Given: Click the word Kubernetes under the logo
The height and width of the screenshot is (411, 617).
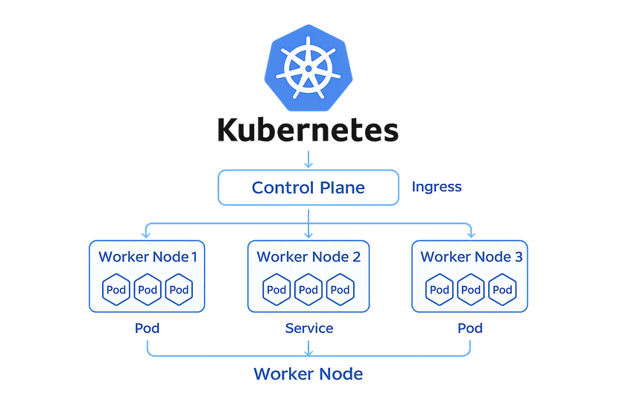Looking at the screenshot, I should click(308, 129).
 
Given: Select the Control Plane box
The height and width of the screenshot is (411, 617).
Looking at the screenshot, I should click(308, 188).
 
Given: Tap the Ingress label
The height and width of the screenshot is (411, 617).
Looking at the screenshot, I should click(437, 187).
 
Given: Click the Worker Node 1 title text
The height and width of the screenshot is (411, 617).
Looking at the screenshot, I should click(148, 257).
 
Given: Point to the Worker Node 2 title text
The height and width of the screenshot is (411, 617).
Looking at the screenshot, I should click(308, 257).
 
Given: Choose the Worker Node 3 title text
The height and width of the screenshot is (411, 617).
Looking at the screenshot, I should click(472, 257).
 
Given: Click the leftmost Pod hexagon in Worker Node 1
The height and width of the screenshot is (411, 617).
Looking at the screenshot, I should click(116, 289).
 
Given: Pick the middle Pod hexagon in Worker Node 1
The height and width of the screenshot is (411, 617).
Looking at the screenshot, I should click(148, 289).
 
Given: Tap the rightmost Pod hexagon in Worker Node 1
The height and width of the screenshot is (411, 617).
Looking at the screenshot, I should click(180, 289).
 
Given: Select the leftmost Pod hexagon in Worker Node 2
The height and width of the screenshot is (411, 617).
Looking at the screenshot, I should click(276, 289).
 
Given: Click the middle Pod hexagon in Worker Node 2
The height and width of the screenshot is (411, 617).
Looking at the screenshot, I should click(308, 289).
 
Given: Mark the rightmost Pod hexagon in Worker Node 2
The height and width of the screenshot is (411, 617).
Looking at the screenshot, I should click(340, 289).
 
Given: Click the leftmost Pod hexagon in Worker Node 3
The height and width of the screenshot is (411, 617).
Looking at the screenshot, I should click(439, 289).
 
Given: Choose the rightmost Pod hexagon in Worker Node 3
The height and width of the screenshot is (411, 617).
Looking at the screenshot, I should click(503, 289).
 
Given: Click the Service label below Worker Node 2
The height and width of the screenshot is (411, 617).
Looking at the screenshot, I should click(308, 328).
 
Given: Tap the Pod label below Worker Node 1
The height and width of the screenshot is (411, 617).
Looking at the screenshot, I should click(148, 328).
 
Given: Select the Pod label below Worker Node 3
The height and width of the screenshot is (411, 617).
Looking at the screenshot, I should click(470, 328).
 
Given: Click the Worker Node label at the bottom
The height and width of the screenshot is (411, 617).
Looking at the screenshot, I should click(308, 374).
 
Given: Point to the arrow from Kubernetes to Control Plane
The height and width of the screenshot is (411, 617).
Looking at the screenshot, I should click(308, 158).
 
